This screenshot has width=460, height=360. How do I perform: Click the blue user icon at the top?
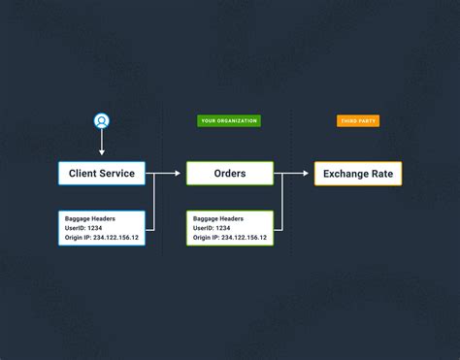[102, 121]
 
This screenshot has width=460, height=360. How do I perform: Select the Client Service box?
[102, 174]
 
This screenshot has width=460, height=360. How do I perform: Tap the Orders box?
[229, 174]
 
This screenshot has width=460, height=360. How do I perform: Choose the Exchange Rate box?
[357, 174]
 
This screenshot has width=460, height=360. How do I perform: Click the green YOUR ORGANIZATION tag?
[229, 121]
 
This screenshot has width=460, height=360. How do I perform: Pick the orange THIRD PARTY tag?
[358, 121]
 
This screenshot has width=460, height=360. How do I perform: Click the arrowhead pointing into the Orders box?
[177, 174]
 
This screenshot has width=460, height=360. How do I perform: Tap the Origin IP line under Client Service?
[101, 237]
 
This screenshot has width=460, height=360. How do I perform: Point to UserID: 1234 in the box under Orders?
[212, 227]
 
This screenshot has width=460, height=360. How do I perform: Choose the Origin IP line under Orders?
[229, 237]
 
